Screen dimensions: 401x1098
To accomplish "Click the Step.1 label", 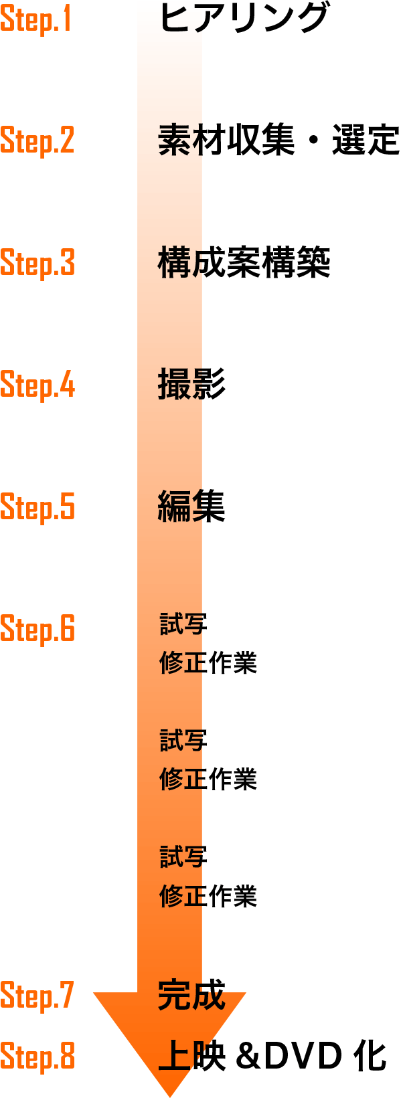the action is point(35,19).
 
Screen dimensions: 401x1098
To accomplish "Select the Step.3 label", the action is point(37,264).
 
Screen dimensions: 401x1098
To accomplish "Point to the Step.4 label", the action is point(37,385).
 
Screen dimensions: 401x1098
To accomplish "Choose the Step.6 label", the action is point(37,630).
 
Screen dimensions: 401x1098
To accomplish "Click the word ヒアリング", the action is point(244,17).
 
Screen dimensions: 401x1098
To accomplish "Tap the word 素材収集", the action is point(226,141).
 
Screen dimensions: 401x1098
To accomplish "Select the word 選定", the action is point(366,141).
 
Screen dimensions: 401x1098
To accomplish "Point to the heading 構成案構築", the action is point(244,262).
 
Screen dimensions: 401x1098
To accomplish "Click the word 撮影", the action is point(191,384).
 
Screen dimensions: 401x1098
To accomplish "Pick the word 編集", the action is point(191,507).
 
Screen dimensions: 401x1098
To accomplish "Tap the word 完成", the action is point(191,994).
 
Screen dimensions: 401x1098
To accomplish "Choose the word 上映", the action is point(191,1055).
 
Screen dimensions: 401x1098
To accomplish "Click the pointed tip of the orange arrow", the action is point(169,1097).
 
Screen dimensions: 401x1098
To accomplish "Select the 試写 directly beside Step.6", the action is point(183,624).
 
